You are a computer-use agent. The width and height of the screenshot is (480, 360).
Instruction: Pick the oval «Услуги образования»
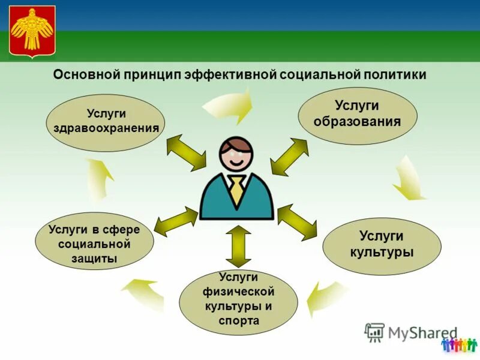(x=358, y=113)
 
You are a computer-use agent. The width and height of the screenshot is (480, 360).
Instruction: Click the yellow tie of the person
(x=238, y=190)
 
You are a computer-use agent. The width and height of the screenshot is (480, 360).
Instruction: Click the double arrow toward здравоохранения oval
(x=186, y=152)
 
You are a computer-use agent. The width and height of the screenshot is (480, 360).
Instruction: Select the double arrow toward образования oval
(x=289, y=156)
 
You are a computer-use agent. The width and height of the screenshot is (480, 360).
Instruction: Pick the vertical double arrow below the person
(x=238, y=246)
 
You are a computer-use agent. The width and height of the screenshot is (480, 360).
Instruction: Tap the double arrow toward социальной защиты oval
(x=176, y=221)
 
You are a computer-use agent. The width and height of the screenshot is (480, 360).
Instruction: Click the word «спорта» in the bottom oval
(x=239, y=321)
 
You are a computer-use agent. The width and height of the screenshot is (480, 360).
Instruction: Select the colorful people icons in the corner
(x=458, y=344)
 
